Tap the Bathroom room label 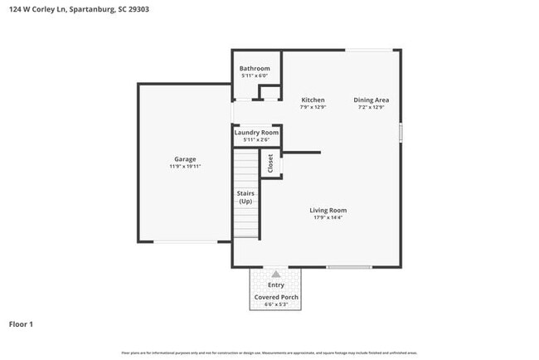(x=255, y=68)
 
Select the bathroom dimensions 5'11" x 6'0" (x=255, y=75)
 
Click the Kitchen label (x=313, y=100)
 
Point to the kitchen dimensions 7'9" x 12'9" (x=313, y=107)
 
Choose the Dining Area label (x=372, y=100)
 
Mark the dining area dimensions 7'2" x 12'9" (x=372, y=107)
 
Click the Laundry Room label (x=256, y=133)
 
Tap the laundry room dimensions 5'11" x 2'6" (x=256, y=140)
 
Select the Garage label (x=185, y=158)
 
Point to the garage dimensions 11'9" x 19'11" (x=185, y=166)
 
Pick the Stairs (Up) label (x=245, y=197)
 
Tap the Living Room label (x=328, y=210)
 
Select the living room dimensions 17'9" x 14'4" (x=328, y=218)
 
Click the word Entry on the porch (x=276, y=285)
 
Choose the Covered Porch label (x=276, y=296)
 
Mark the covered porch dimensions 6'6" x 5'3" (x=276, y=304)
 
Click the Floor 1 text (x=22, y=324)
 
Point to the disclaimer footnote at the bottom (x=269, y=353)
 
